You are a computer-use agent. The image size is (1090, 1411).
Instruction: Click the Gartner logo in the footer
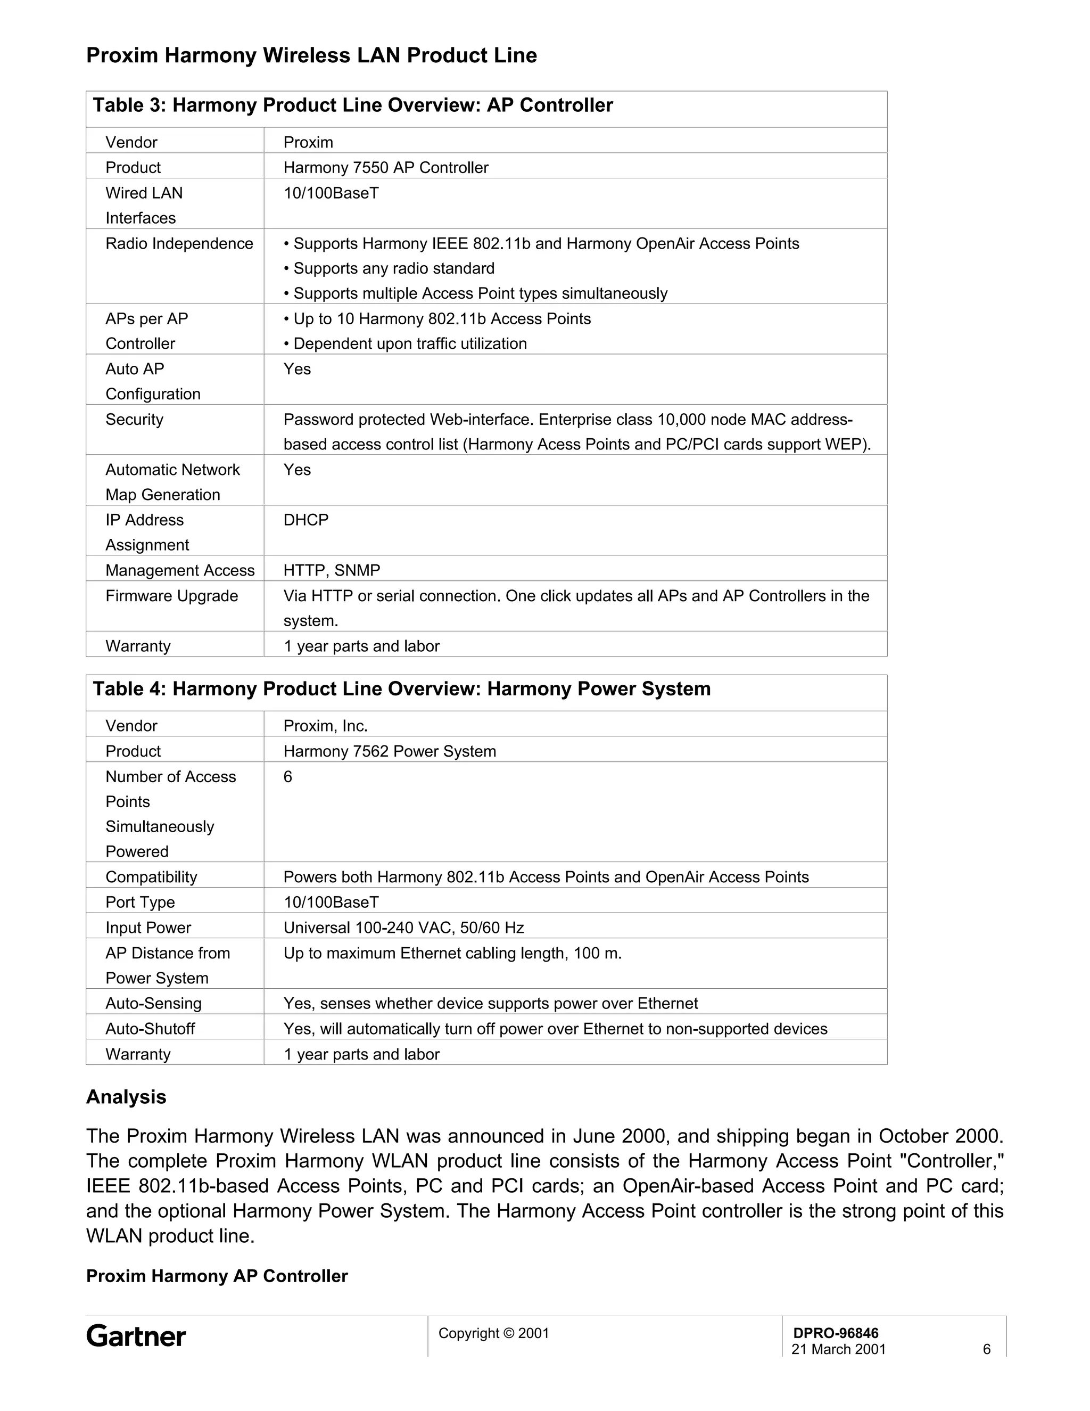coord(136,1336)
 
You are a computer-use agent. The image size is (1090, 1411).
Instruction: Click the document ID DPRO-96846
coord(836,1333)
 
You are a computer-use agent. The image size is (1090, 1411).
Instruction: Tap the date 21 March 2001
coord(838,1349)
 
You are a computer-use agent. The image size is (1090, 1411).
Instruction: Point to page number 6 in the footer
coord(986,1349)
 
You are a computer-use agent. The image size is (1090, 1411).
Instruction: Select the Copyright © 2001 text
coord(493,1333)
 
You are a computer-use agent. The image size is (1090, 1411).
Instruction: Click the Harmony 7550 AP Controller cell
coord(385,167)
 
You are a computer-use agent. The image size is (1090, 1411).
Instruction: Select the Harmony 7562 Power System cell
coord(390,751)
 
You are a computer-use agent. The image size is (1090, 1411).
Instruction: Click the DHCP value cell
coord(306,520)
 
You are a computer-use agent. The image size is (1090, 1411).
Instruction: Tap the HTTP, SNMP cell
coord(331,570)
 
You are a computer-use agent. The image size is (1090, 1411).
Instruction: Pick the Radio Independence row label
coord(179,243)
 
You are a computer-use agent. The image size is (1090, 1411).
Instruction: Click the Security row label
coord(134,419)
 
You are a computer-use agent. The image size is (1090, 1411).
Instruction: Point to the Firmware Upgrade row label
coord(172,596)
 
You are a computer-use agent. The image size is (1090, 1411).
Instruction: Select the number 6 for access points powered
coord(288,776)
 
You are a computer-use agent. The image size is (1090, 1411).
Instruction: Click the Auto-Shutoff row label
coord(150,1029)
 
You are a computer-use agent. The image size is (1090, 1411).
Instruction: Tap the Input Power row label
coord(148,928)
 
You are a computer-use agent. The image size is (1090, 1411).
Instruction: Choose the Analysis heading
coord(126,1097)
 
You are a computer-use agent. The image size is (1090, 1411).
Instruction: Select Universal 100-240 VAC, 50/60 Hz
coord(403,928)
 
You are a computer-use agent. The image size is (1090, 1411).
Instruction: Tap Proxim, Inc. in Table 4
coord(325,726)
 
